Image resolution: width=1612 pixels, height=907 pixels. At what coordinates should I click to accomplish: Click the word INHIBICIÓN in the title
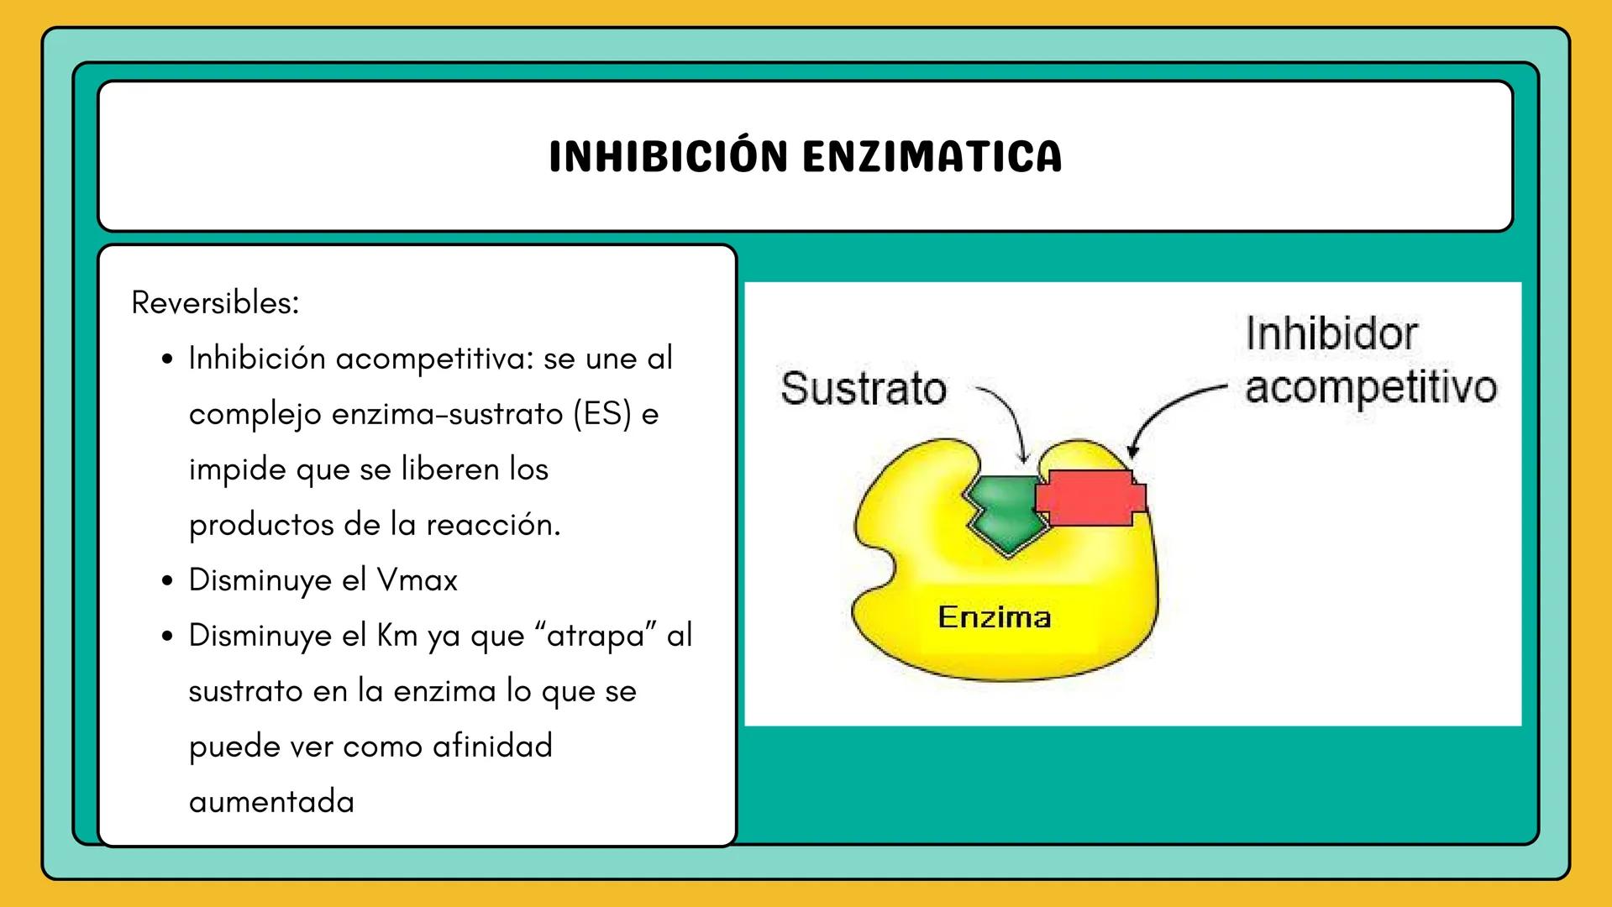pyautogui.click(x=668, y=157)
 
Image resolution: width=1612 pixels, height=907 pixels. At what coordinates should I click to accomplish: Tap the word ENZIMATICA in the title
pyautogui.click(x=932, y=157)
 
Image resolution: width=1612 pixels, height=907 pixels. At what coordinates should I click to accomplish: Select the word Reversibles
pyautogui.click(x=215, y=302)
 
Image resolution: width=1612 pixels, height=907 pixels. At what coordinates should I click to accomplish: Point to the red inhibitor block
pyautogui.click(x=1090, y=497)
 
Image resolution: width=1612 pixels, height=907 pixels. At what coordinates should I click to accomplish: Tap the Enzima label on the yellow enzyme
pyautogui.click(x=994, y=617)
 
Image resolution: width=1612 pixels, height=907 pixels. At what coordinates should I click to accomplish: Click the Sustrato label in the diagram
pyautogui.click(x=863, y=389)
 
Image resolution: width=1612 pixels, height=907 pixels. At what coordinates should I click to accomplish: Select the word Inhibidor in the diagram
pyautogui.click(x=1331, y=333)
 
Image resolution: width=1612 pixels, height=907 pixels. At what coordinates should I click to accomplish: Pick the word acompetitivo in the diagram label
pyautogui.click(x=1370, y=387)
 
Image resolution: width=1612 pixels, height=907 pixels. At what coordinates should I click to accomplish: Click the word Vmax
pyautogui.click(x=417, y=580)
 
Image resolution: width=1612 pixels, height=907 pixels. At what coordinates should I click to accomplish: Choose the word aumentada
pyautogui.click(x=271, y=802)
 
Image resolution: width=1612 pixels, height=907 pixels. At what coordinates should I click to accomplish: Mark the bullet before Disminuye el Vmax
pyautogui.click(x=168, y=581)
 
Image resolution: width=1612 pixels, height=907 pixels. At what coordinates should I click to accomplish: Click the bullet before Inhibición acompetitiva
pyautogui.click(x=168, y=359)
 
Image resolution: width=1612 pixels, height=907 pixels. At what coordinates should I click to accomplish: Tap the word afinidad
pyautogui.click(x=492, y=747)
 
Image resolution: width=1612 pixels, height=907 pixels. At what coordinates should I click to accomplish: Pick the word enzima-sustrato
pyautogui.click(x=447, y=414)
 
